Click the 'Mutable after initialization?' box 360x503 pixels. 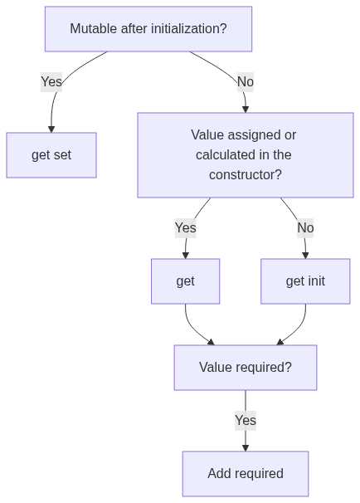tap(148, 29)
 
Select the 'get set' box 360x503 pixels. tap(51, 155)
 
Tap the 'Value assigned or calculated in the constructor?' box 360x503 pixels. tap(246, 155)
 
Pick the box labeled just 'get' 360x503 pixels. tap(185, 281)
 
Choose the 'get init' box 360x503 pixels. tap(305, 281)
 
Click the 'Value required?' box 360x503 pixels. tap(246, 368)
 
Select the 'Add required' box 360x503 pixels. tap(246, 474)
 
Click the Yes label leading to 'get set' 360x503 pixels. tap(51, 82)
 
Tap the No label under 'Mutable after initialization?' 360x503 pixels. tap(246, 82)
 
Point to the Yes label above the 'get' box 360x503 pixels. tap(185, 228)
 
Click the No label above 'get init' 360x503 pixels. tap(305, 228)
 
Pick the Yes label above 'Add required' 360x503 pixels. tap(246, 421)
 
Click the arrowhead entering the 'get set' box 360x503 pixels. tap(51, 129)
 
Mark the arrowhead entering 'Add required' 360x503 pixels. tap(246, 448)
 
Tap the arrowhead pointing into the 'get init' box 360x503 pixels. tap(305, 256)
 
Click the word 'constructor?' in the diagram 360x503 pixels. tap(246, 175)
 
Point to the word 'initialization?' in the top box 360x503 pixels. tap(189, 29)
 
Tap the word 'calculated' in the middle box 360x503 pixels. tap(223, 155)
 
